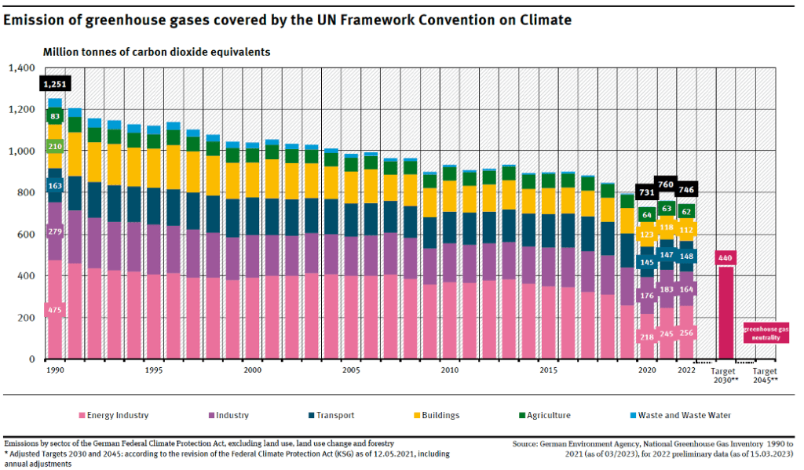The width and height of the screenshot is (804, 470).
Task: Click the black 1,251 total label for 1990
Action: click(x=55, y=84)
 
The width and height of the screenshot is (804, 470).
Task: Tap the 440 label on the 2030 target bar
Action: click(x=725, y=258)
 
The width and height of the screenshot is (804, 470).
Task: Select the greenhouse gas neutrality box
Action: click(x=766, y=333)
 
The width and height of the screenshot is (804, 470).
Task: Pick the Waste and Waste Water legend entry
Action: click(x=684, y=415)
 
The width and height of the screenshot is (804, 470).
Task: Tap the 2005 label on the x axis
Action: click(x=351, y=370)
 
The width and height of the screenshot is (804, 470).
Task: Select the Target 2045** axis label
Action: click(x=765, y=375)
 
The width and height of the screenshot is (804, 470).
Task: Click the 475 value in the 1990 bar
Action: click(x=54, y=311)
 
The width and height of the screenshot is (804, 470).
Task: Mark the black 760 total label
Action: click(x=666, y=185)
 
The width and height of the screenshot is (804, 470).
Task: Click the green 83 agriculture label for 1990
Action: click(x=55, y=116)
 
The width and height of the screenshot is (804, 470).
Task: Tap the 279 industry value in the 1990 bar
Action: click(x=55, y=231)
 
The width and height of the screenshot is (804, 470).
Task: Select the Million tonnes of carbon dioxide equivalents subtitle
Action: click(x=156, y=52)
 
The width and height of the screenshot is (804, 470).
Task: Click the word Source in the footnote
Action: click(x=524, y=444)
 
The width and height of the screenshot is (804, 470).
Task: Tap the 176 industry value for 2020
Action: click(x=647, y=296)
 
